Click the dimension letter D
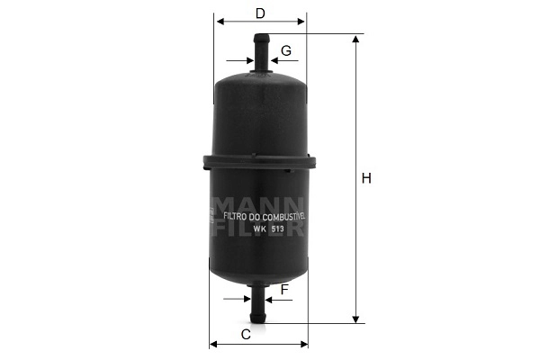pos(260,13)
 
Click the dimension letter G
pos(286,50)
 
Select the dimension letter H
pos(366,178)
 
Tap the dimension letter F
pos(284,290)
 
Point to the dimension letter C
pos(246,334)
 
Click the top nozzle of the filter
pos(261,53)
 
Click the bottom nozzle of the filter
pos(258,302)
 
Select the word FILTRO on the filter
pos(235,217)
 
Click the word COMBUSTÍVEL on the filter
pos(284,217)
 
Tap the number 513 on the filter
pos(277,229)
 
